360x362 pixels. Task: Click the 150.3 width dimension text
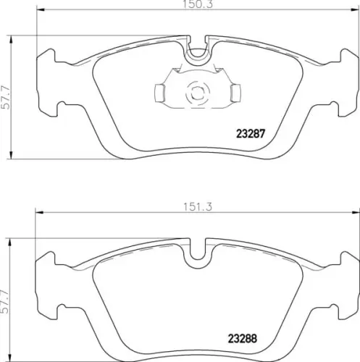(x=198, y=4)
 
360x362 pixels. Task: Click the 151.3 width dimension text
(x=198, y=207)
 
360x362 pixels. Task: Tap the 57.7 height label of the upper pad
(x=5, y=98)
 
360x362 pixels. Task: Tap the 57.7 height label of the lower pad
(x=4, y=301)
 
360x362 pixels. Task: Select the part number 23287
(x=251, y=134)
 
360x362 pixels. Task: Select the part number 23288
(x=243, y=339)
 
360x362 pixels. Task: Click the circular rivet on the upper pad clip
(x=198, y=93)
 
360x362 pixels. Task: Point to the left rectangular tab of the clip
(x=159, y=93)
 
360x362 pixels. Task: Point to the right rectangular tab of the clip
(x=235, y=93)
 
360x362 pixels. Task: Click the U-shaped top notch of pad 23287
(x=198, y=57)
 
